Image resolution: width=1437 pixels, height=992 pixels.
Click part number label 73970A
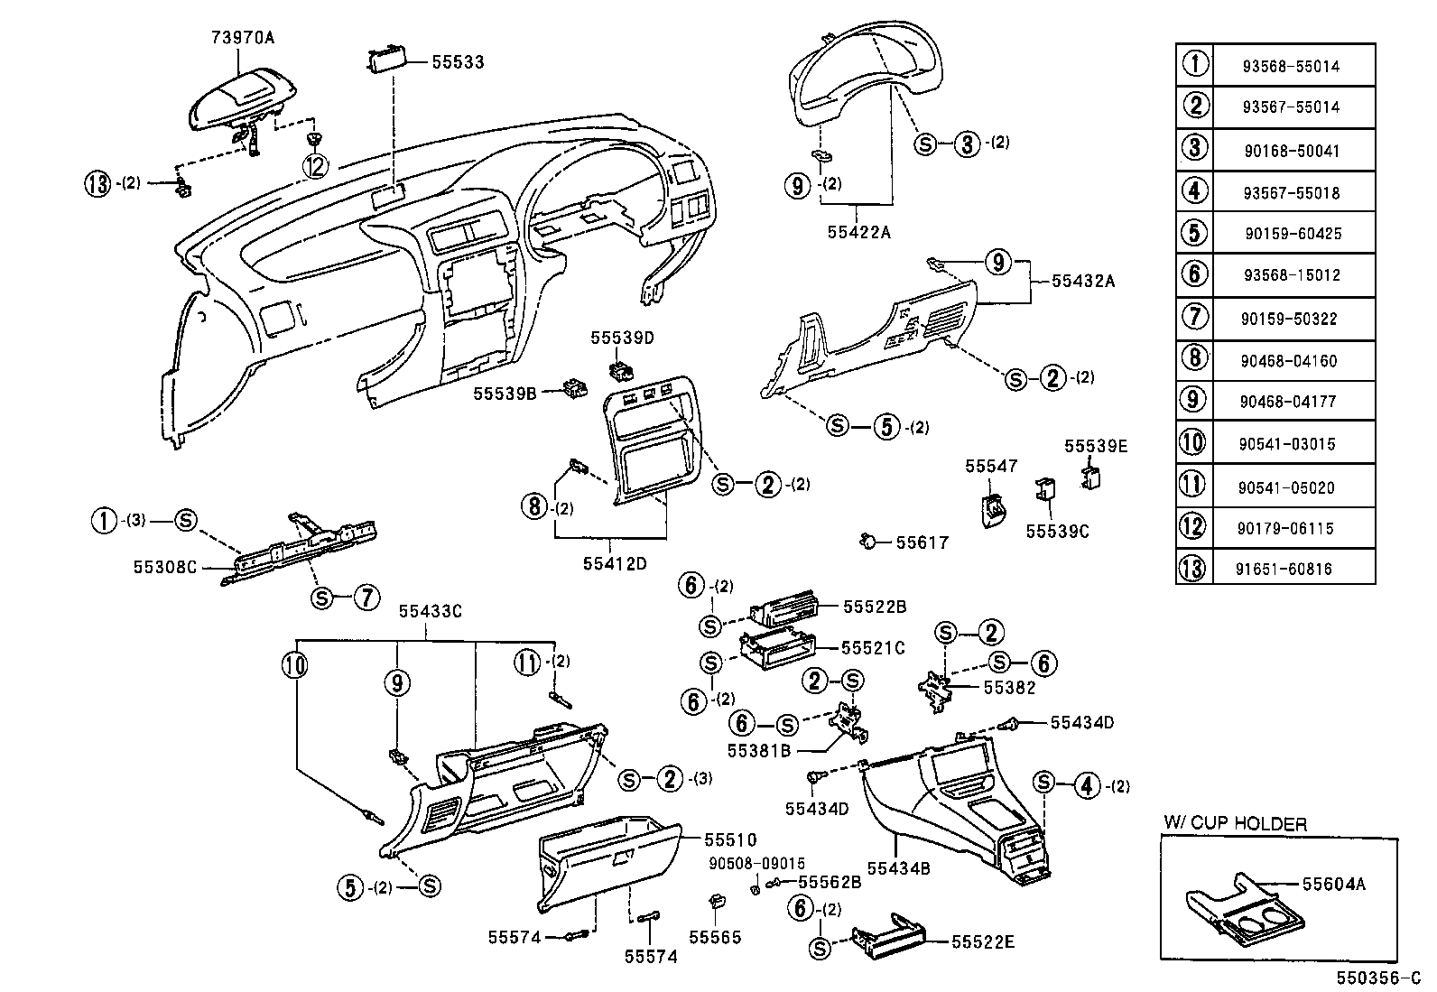[x=242, y=37]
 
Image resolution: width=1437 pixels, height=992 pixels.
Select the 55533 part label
[x=457, y=62]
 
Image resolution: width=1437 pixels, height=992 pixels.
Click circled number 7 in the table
[x=1193, y=318]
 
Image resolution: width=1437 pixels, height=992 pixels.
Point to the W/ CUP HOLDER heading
[x=1234, y=823]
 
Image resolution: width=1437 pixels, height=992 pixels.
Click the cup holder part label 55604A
[x=1333, y=885]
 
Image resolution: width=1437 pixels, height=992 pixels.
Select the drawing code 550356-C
[x=1377, y=978]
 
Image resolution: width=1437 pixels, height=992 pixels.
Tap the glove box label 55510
[x=729, y=840]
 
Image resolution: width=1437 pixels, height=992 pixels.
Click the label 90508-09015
[x=756, y=864]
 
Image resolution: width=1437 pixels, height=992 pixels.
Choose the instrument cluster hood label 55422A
[x=858, y=232]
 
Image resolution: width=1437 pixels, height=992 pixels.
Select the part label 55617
[x=922, y=542]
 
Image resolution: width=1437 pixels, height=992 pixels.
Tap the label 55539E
[x=1095, y=446]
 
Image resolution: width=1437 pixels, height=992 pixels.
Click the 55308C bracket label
[x=164, y=567]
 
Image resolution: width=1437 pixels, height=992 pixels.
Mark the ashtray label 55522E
[x=983, y=942]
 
